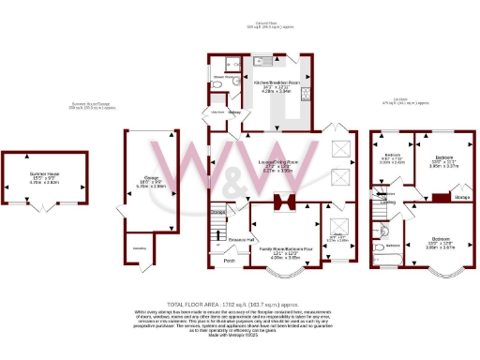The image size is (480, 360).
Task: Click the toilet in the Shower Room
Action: pyautogui.click(x=217, y=84)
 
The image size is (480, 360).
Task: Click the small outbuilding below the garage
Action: pyautogui.click(x=139, y=247)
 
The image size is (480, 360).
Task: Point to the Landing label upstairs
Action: pyautogui.click(x=386, y=201)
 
